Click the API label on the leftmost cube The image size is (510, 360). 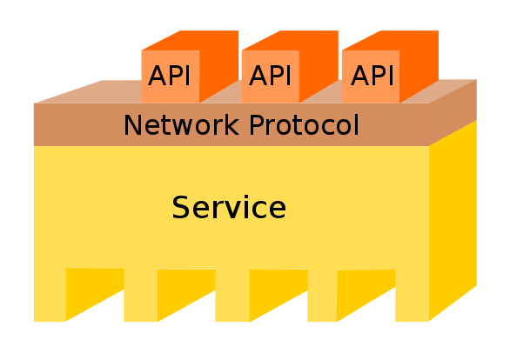click(170, 76)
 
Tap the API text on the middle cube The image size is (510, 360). click(271, 76)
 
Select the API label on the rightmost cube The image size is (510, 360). click(372, 76)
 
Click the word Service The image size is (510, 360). click(229, 208)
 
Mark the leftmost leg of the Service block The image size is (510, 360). click(50, 296)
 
